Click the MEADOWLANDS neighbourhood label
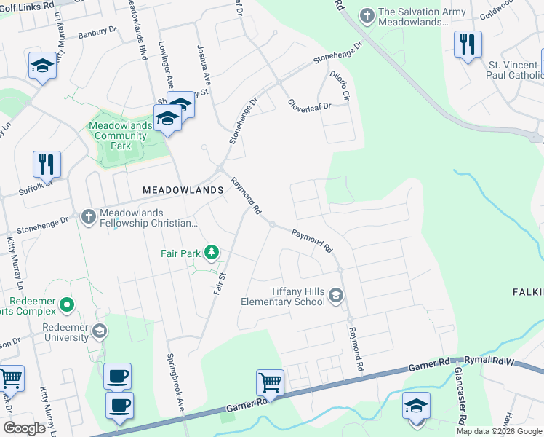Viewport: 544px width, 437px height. pos(183,189)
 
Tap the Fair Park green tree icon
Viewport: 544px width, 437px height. pos(212,253)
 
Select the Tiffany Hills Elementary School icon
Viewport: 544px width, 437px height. pos(335,295)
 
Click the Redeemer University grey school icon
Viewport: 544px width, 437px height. pos(100,332)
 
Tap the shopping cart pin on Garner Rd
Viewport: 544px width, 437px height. pos(270,382)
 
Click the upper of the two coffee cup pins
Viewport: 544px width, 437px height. pos(117,376)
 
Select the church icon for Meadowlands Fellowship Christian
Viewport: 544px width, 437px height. pos(88,216)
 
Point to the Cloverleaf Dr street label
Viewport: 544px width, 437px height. pos(309,105)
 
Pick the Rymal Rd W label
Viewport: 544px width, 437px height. pos(494,361)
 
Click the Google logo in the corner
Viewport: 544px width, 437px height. pos(24,428)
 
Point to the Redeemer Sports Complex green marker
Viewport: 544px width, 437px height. pos(67,304)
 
